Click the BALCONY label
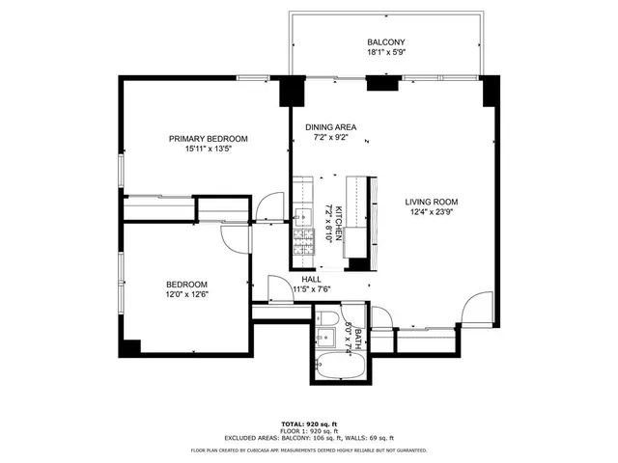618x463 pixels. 385,42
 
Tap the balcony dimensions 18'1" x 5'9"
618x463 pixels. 385,54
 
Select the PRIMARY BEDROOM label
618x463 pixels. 202,138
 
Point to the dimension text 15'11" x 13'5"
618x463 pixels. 202,150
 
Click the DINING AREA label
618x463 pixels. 331,127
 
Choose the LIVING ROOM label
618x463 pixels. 431,202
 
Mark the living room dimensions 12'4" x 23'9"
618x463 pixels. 431,213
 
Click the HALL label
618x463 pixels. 311,279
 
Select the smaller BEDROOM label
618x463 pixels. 186,284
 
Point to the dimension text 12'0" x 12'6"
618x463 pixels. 186,295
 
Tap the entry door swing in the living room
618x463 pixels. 475,309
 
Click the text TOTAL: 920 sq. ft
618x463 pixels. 308,424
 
